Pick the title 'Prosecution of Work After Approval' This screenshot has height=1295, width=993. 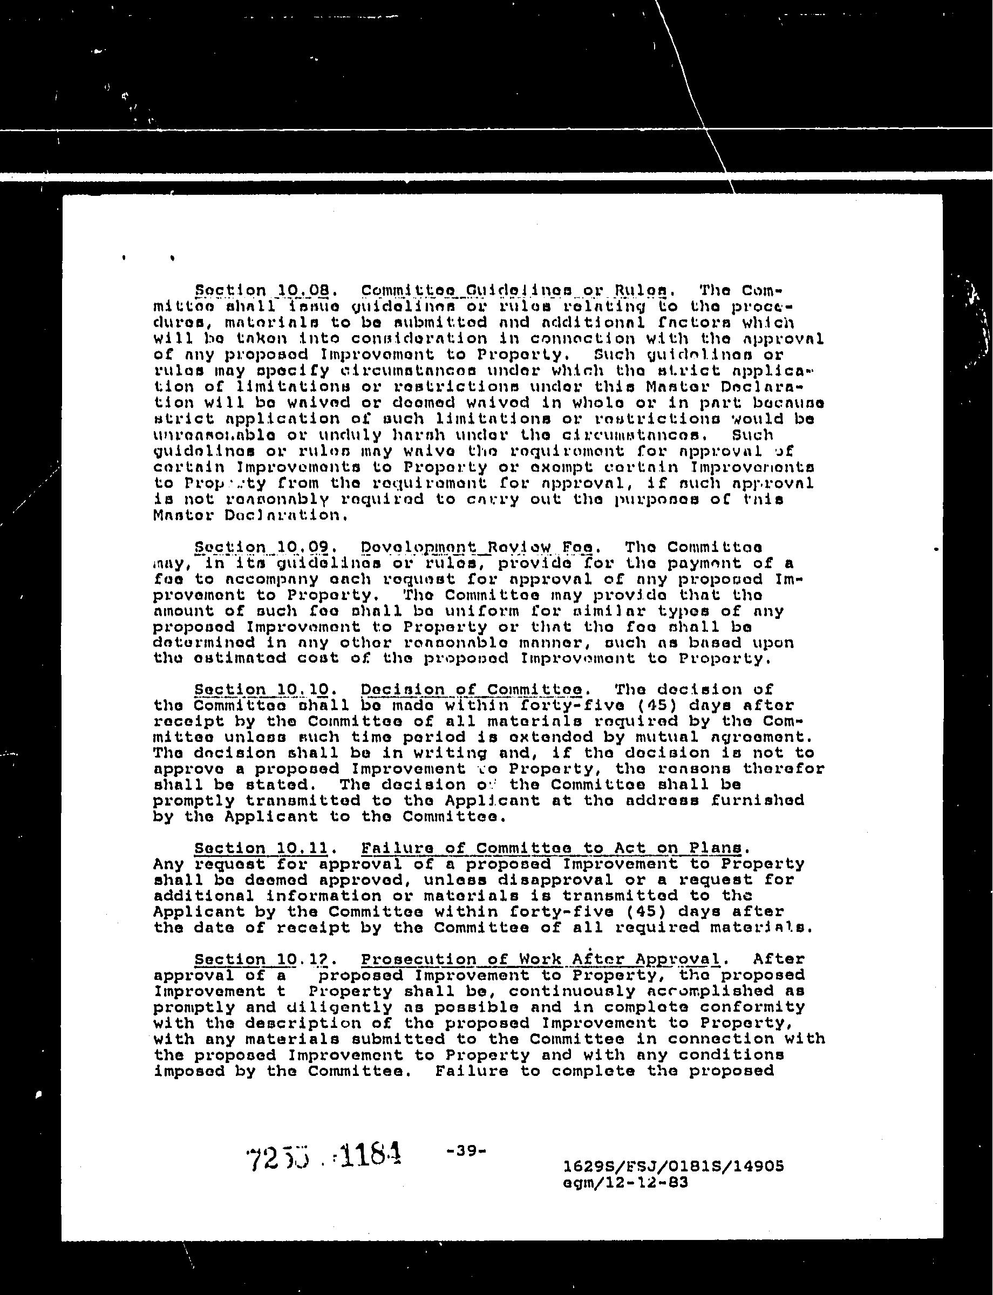[541, 959]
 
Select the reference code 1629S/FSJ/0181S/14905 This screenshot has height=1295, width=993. [675, 1166]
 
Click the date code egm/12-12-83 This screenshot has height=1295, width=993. [627, 1183]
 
